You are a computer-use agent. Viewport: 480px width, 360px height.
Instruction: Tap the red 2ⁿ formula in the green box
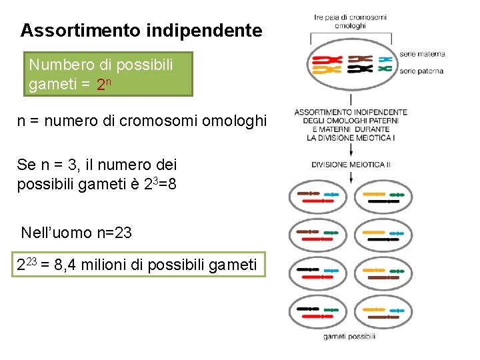103,85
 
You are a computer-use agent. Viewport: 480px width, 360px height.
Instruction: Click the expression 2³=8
160,184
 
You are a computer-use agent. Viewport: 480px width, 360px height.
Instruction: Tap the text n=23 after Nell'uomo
114,233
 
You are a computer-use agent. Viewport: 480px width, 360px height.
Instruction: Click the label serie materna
422,54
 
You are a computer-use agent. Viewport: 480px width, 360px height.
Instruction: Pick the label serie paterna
421,71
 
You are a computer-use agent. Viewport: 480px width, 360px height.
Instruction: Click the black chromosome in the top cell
360,69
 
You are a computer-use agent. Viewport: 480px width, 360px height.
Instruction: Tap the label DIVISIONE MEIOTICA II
351,164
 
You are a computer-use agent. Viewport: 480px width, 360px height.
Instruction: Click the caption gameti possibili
349,337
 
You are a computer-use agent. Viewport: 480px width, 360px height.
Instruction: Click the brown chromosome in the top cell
360,59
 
